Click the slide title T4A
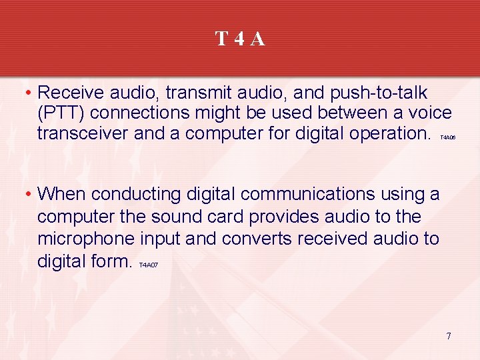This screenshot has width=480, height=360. pyautogui.click(x=240, y=39)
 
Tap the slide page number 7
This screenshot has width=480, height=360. pyautogui.click(x=449, y=336)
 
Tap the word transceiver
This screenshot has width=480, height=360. pyautogui.click(x=83, y=133)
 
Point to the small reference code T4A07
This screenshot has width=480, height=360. pyautogui.click(x=149, y=265)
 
